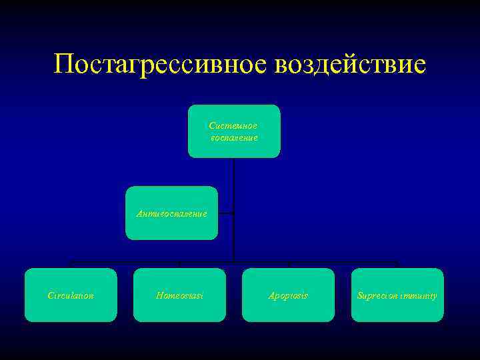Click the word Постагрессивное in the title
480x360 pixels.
158,64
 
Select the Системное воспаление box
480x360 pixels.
234,131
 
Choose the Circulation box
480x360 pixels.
71,295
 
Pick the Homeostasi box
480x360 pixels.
179,295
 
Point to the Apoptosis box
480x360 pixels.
288,295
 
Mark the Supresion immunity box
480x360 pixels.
397,295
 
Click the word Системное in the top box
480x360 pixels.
233,125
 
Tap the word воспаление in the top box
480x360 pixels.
234,137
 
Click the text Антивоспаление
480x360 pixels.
171,214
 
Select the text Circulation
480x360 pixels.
71,295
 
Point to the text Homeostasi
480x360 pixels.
179,295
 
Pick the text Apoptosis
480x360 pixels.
288,295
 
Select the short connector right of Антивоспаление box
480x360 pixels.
226,213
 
